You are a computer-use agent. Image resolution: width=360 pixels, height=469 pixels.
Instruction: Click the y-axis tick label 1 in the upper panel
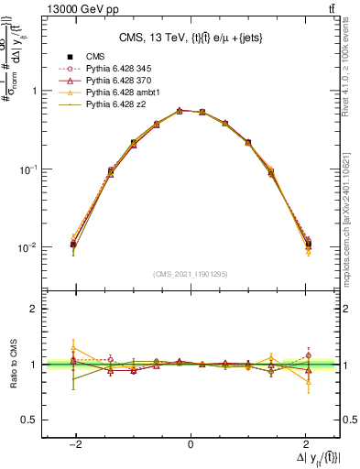point(35,92)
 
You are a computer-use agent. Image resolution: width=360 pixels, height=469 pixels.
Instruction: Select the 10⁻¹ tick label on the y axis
point(29,169)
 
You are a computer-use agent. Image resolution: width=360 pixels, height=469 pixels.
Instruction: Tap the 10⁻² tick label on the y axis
point(29,247)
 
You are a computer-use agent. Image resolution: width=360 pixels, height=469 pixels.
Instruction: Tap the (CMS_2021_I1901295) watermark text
point(191,274)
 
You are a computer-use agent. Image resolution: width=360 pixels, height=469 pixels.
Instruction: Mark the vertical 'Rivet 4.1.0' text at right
point(353,69)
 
